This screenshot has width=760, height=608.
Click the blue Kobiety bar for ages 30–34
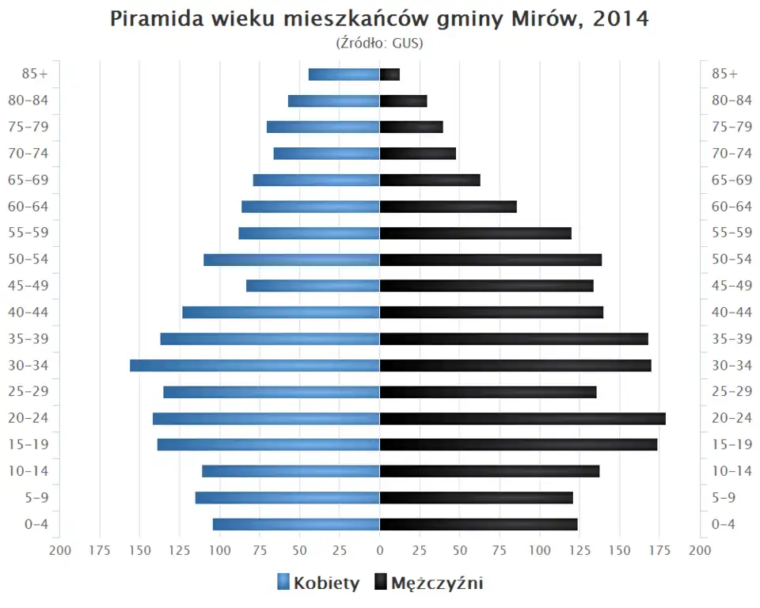(x=255, y=365)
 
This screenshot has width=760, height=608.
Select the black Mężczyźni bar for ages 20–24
(x=522, y=418)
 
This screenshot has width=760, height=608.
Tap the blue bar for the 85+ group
(x=344, y=74)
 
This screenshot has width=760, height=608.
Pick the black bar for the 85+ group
(x=389, y=74)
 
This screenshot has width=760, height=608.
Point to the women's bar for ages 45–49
(x=313, y=286)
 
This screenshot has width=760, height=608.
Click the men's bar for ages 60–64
(x=448, y=207)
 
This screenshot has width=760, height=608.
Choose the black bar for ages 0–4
(x=478, y=524)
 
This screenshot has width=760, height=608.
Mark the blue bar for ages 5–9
(x=287, y=497)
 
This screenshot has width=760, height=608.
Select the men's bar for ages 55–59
(x=475, y=233)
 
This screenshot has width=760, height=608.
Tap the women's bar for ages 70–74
(x=326, y=154)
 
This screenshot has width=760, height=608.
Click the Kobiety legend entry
(x=318, y=583)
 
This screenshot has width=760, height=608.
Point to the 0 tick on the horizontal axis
(x=380, y=550)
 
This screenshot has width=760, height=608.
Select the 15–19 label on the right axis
(x=731, y=444)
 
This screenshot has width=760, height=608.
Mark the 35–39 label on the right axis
(x=731, y=339)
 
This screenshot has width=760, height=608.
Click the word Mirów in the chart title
(x=538, y=19)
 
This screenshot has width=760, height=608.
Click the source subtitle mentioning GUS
(x=379, y=43)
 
